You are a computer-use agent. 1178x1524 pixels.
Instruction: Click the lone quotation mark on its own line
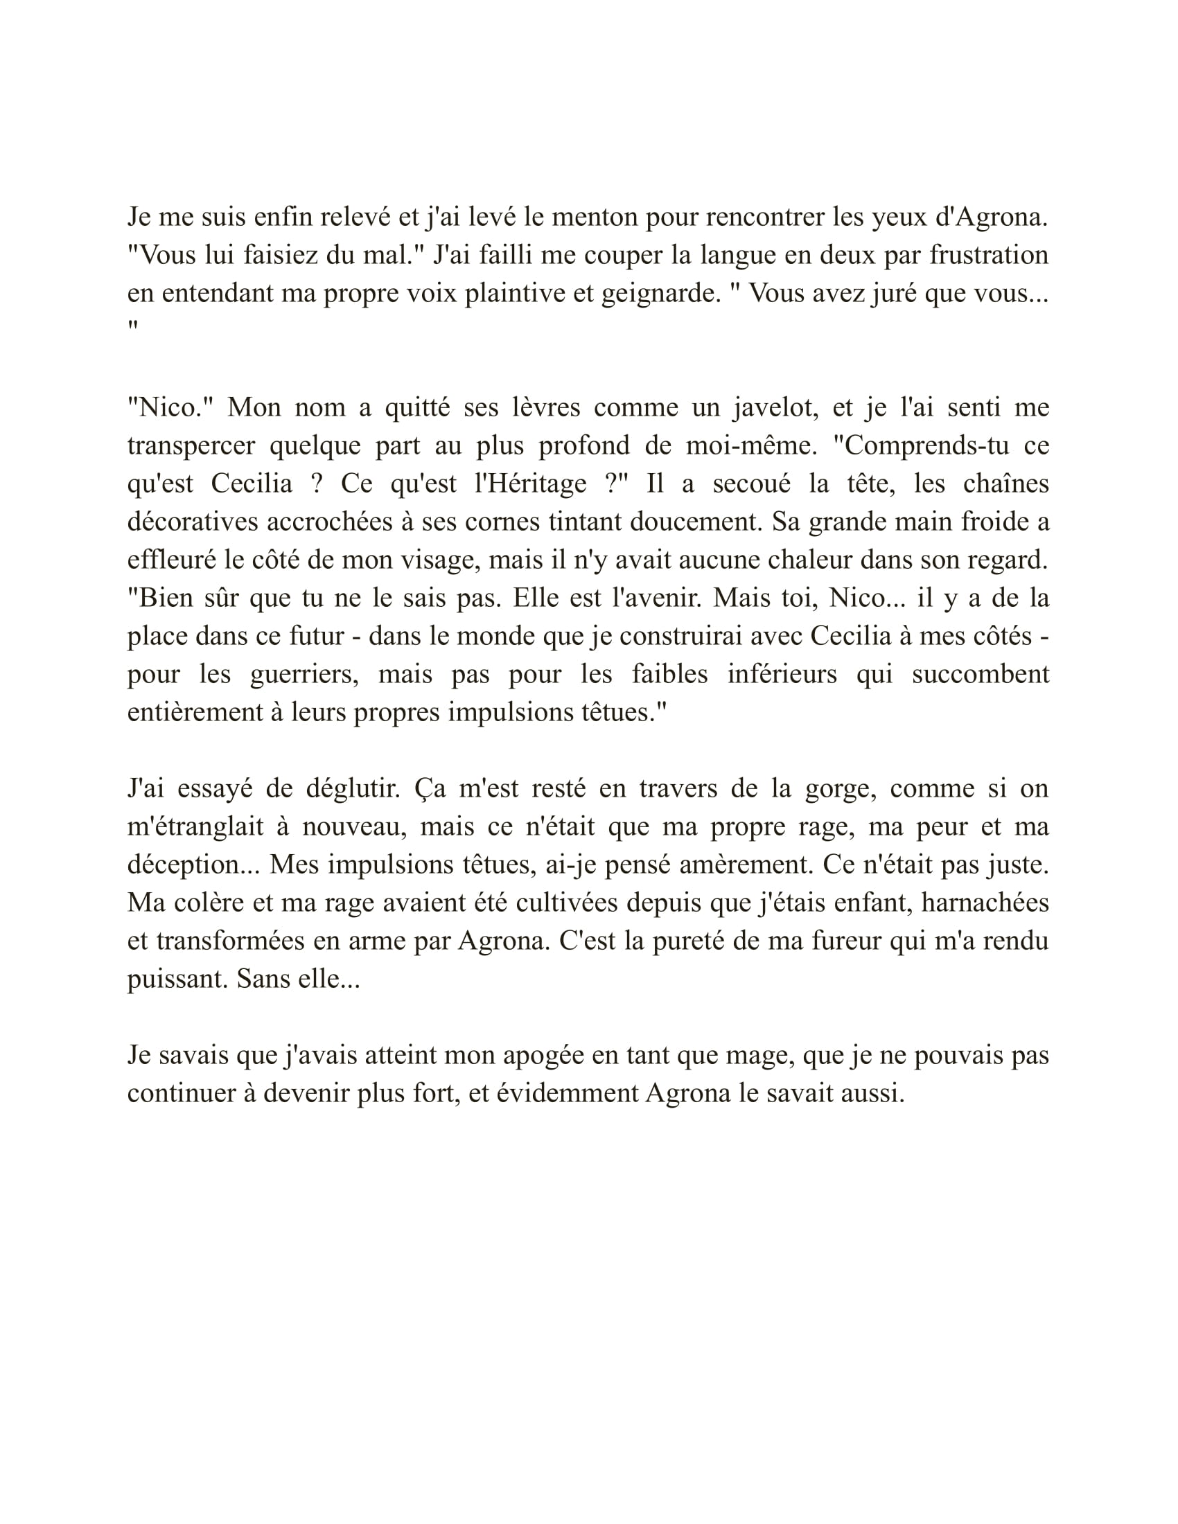coord(132,326)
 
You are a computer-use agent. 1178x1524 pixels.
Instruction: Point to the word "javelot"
coord(775,407)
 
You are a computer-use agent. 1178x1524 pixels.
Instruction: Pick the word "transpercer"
coord(191,446)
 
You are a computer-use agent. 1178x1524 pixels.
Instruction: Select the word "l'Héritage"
coord(529,484)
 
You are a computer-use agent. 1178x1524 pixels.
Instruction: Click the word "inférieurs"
coord(782,675)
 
